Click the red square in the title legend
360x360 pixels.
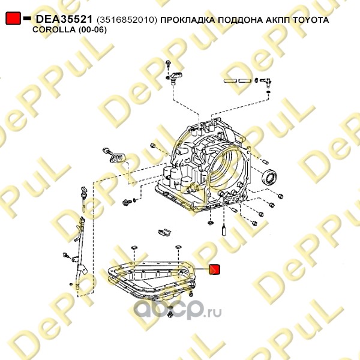[13, 18]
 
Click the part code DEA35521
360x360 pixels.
[64, 19]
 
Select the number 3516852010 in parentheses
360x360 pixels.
[127, 20]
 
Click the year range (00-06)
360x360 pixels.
[93, 30]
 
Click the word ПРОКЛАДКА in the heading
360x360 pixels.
[187, 20]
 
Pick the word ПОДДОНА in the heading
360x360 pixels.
[240, 20]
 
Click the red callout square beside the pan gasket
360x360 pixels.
[214, 269]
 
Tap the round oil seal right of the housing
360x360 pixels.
[269, 177]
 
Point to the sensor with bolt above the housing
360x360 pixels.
[173, 75]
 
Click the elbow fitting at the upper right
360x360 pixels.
[266, 82]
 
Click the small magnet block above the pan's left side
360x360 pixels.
[134, 247]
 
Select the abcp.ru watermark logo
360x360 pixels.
[178, 309]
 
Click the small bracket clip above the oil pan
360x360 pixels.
[165, 233]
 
